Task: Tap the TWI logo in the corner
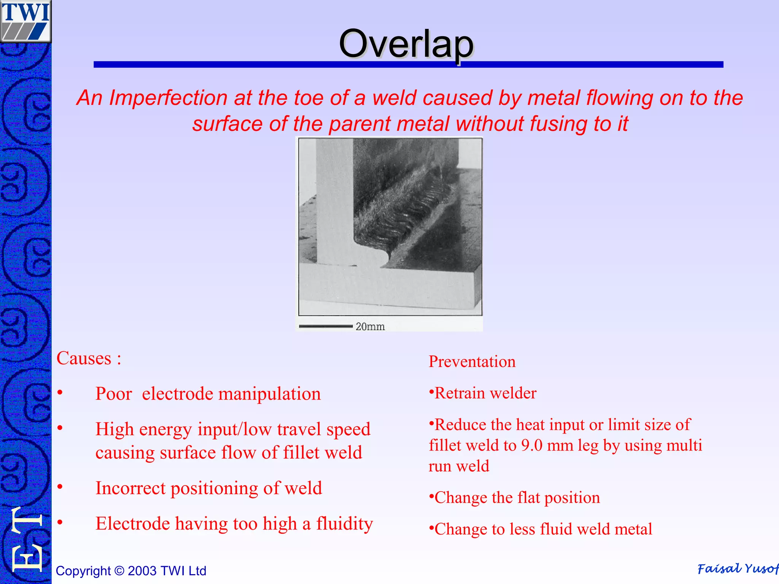click(25, 21)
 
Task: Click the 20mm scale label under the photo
click(370, 327)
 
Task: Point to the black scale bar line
click(326, 326)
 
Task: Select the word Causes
click(84, 359)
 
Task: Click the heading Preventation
click(472, 362)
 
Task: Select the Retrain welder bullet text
click(485, 393)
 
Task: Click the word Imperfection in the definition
click(168, 98)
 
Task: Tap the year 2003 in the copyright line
click(142, 571)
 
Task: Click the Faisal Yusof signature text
click(737, 569)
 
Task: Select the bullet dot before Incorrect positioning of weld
click(60, 487)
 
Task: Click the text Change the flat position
click(517, 498)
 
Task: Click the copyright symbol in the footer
click(119, 571)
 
